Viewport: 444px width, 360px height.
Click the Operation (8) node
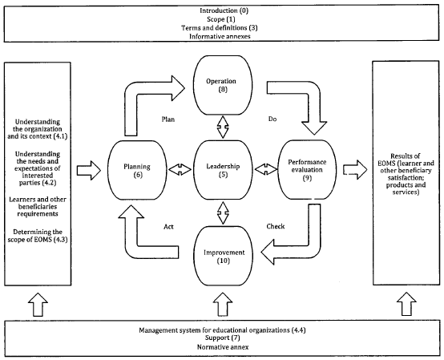(x=223, y=85)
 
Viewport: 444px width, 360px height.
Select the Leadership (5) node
(x=223, y=170)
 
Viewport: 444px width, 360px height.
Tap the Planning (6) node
(x=137, y=170)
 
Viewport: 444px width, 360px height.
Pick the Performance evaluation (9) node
(x=307, y=170)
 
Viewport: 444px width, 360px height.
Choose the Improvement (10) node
(x=224, y=257)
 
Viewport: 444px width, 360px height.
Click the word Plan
(x=168, y=119)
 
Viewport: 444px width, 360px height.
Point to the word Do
(x=272, y=119)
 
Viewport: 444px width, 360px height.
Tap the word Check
(x=276, y=226)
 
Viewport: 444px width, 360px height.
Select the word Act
(x=168, y=227)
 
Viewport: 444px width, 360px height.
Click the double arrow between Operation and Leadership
(x=223, y=127)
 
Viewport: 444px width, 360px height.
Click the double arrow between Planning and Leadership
(x=180, y=170)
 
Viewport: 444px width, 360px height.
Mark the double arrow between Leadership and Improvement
(x=223, y=213)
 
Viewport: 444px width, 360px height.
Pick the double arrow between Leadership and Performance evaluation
(x=265, y=169)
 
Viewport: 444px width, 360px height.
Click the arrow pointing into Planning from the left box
(x=89, y=170)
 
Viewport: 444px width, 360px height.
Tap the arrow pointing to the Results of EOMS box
(x=355, y=170)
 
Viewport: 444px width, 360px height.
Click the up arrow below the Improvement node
(x=224, y=305)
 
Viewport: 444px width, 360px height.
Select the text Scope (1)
(x=221, y=19)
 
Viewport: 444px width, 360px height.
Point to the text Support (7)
(x=223, y=338)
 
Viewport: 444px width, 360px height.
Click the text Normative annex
(x=223, y=347)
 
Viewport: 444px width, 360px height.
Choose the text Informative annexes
(x=220, y=37)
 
